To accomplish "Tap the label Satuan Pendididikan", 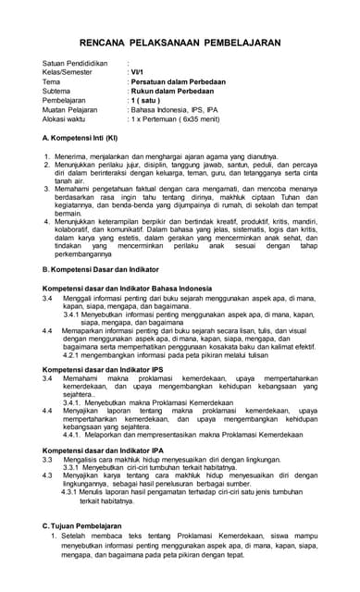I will [74, 63].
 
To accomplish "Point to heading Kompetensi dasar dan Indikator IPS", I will [103, 369].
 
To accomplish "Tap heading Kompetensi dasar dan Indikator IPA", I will [103, 449].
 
